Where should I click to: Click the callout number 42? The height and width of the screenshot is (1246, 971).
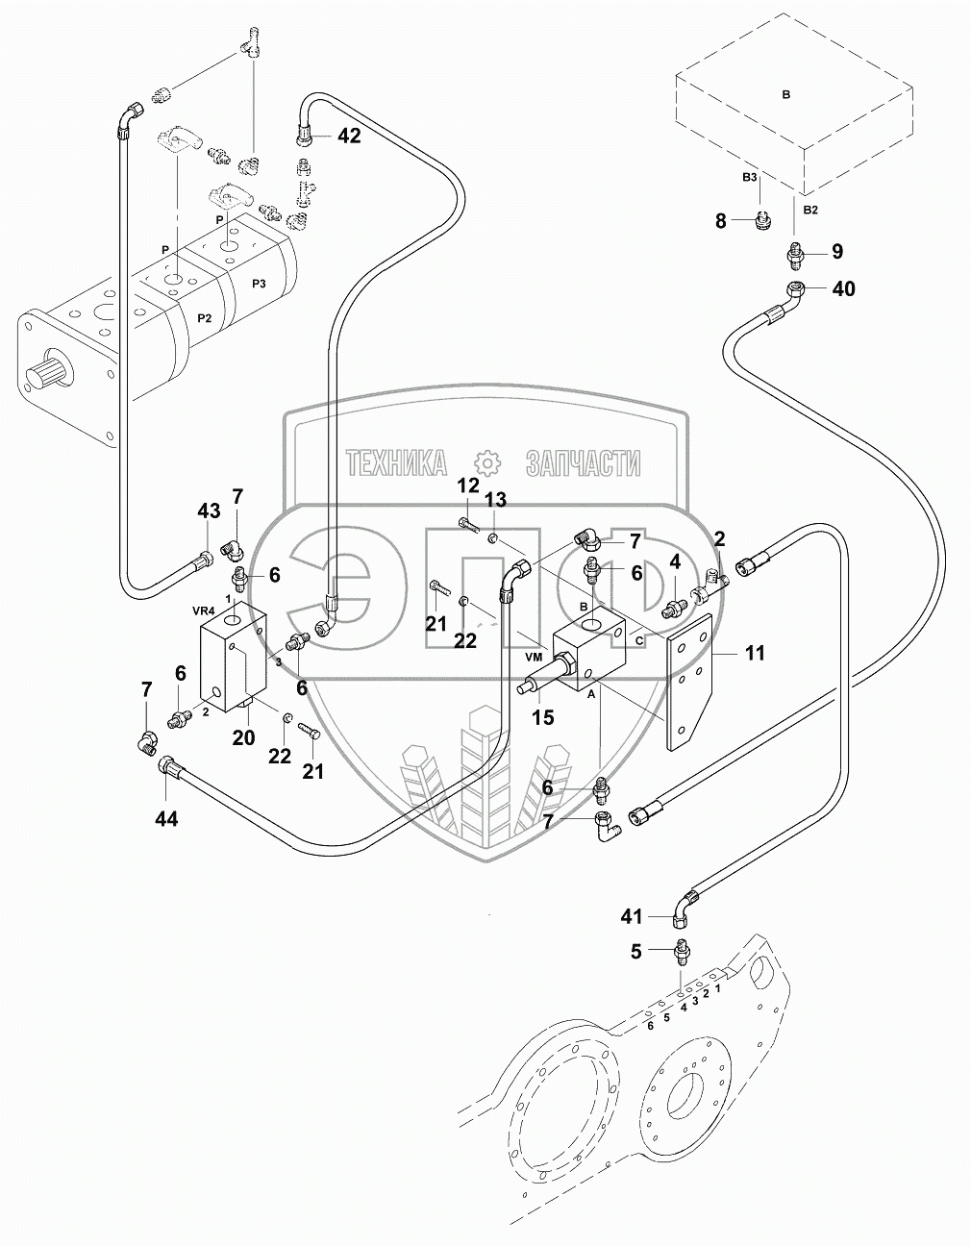348,137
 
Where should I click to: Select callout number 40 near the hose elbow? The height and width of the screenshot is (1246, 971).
842,288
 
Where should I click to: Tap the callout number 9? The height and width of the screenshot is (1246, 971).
836,252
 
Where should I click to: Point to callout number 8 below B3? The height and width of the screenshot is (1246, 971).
721,222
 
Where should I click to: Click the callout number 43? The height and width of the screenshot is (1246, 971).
209,511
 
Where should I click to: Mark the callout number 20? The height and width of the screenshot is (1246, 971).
243,736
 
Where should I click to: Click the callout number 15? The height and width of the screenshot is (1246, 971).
542,716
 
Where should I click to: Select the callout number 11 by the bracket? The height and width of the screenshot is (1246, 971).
755,654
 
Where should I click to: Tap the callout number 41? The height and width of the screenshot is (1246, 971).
631,917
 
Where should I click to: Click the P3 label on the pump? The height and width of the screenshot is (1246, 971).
259,283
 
